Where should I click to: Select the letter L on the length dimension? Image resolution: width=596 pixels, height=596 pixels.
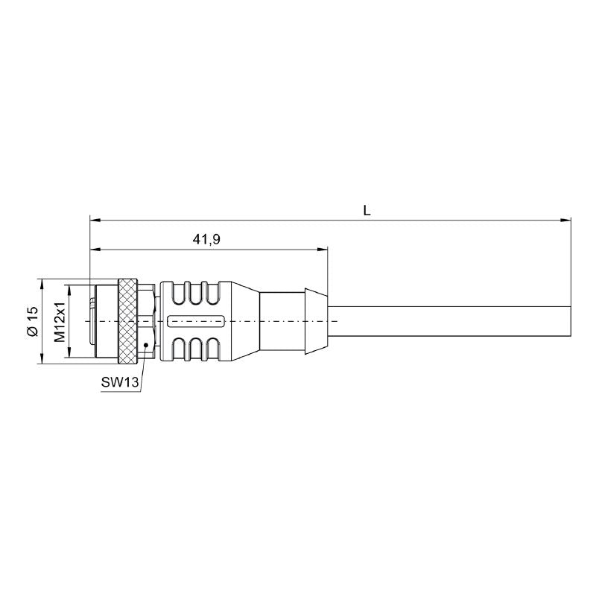coord(367,211)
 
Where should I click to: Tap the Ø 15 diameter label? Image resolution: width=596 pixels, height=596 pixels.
coord(31,321)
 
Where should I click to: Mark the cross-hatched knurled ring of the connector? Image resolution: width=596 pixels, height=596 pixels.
coord(128,321)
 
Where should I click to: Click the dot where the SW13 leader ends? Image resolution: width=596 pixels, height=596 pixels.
coord(146,343)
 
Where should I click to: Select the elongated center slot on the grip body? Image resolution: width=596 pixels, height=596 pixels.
coord(198,322)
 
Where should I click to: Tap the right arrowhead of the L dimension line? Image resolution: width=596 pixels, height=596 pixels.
coord(567,220)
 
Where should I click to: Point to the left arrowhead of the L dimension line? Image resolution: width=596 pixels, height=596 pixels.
coord(93,220)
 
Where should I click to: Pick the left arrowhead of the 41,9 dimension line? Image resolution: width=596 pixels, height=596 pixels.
coord(93,249)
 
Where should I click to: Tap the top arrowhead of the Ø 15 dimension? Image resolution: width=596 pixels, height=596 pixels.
coord(41,282)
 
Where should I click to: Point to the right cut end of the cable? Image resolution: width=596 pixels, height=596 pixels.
coord(570,321)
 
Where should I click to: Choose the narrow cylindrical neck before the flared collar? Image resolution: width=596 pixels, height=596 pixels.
coord(283,321)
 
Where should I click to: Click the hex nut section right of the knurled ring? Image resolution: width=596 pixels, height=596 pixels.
coord(147,321)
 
